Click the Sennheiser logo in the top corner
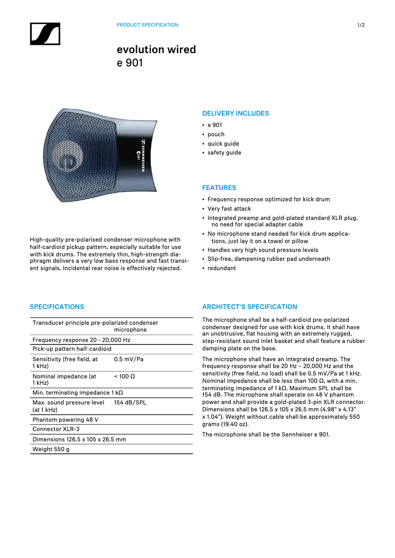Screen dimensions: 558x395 (x=45, y=34)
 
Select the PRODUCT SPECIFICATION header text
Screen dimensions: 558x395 (x=147, y=25)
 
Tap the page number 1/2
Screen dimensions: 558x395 (x=361, y=25)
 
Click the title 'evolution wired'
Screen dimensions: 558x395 (x=156, y=50)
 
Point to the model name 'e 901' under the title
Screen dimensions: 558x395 (x=130, y=63)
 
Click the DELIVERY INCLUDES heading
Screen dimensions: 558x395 (x=235, y=114)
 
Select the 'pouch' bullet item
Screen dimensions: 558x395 (x=216, y=134)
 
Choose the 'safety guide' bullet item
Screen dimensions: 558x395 (x=224, y=153)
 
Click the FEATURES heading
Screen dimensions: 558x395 (x=219, y=188)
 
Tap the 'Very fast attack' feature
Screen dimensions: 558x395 (x=229, y=209)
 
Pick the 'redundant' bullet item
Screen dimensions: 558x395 (x=222, y=268)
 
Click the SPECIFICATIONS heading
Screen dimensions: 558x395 (x=57, y=307)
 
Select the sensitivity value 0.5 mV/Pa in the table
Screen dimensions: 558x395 (x=129, y=359)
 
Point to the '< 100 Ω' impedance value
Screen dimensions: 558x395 (x=125, y=376)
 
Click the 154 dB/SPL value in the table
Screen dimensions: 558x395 (x=130, y=403)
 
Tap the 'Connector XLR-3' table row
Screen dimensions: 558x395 (x=56, y=429)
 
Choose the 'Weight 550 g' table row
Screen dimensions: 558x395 (x=51, y=449)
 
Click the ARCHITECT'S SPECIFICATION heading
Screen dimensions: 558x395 (x=250, y=307)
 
